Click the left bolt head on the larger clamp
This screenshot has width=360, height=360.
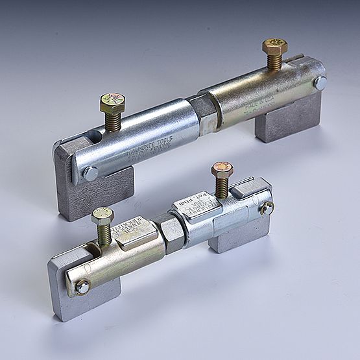click(x=112, y=102)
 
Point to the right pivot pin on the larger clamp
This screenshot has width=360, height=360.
click(x=320, y=82)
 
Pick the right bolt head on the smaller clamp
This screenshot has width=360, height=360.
click(x=222, y=171)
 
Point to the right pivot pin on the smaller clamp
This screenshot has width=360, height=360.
click(x=267, y=208)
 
